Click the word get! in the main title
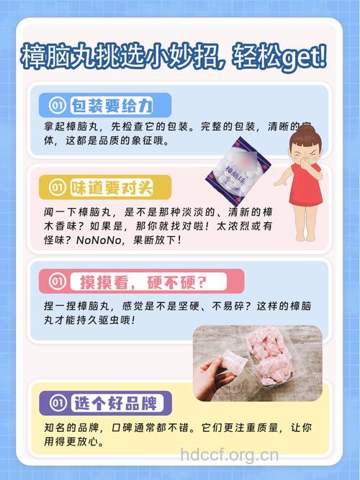(x=302, y=55)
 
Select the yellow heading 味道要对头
(x=111, y=189)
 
